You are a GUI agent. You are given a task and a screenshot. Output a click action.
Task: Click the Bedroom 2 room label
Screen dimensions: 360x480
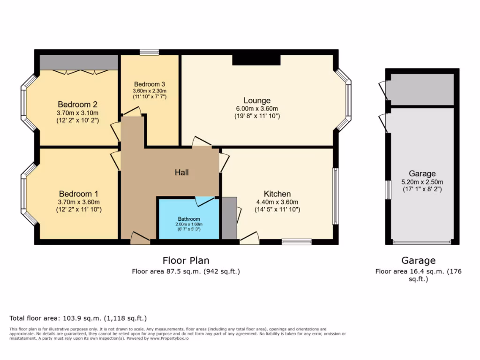(x=77, y=104)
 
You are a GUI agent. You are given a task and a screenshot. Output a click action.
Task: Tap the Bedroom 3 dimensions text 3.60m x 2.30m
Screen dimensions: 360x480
(x=150, y=91)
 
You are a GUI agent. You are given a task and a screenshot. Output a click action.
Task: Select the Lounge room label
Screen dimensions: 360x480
(x=257, y=100)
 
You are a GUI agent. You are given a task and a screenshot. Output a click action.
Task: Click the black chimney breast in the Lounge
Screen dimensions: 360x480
(x=256, y=60)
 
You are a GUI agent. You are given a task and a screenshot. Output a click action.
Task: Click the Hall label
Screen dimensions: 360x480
(x=182, y=172)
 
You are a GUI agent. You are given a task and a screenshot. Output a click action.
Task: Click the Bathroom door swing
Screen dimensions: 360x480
(x=204, y=201)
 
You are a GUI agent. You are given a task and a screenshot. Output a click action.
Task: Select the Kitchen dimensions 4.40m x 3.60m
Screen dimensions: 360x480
(x=277, y=202)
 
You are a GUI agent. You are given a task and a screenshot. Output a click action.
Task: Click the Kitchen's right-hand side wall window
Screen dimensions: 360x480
(x=335, y=196)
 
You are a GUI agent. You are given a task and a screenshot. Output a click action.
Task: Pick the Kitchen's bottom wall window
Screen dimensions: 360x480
(x=297, y=242)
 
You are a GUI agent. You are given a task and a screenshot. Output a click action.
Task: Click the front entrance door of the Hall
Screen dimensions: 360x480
(x=140, y=239)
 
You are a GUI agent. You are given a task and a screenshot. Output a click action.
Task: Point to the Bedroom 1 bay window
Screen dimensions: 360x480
(x=25, y=194)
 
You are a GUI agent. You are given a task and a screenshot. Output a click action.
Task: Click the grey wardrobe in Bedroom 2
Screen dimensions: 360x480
(x=78, y=62)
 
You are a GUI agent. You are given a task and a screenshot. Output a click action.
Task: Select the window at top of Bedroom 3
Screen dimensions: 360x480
(x=150, y=52)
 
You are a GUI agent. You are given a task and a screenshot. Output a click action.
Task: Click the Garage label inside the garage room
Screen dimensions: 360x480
(x=422, y=173)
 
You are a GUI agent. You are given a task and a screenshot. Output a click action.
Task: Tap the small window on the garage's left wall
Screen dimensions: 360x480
(x=388, y=190)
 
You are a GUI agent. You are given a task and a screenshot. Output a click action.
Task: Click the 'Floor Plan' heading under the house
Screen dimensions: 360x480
(x=186, y=261)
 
